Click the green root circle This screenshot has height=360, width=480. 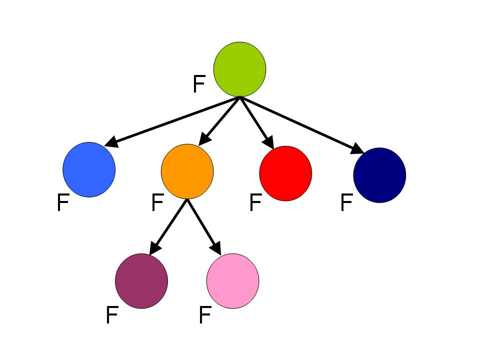click(239, 69)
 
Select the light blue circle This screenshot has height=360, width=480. click(89, 169)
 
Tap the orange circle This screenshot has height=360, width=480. click(187, 171)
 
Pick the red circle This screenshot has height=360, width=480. click(285, 173)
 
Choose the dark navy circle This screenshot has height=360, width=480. click(379, 175)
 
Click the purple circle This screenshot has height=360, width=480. click(141, 281)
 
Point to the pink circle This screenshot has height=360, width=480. click(232, 281)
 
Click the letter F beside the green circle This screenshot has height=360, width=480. click(198, 84)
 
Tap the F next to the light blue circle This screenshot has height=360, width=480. click(62, 203)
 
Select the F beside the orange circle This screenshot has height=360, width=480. click(157, 203)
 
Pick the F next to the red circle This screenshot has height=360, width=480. click(255, 203)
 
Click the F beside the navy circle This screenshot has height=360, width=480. click(346, 203)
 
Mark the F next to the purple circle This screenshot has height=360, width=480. click(111, 315)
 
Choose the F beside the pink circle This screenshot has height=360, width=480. click(204, 315)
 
